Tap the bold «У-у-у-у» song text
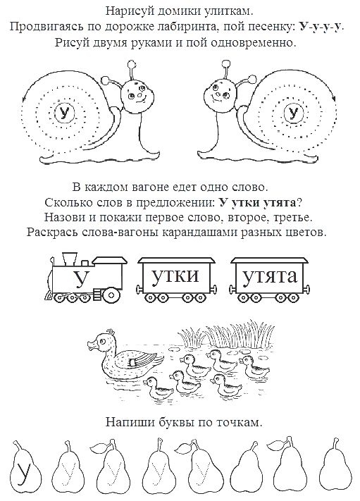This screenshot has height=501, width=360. [321, 27]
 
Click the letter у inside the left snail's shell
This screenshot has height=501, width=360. [65, 113]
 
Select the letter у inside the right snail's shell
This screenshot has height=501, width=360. [293, 113]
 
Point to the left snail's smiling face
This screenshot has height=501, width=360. [137, 94]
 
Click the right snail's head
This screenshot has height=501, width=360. [219, 94]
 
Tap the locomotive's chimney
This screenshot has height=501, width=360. [70, 259]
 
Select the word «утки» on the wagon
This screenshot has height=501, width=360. [175, 276]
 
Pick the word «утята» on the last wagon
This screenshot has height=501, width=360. [270, 276]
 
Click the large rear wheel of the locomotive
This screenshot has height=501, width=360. [111, 295]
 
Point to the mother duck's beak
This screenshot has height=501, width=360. [92, 345]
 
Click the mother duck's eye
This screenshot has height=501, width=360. [102, 342]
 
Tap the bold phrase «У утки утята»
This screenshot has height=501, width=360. [258, 202]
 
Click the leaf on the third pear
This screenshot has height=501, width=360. [99, 449]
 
